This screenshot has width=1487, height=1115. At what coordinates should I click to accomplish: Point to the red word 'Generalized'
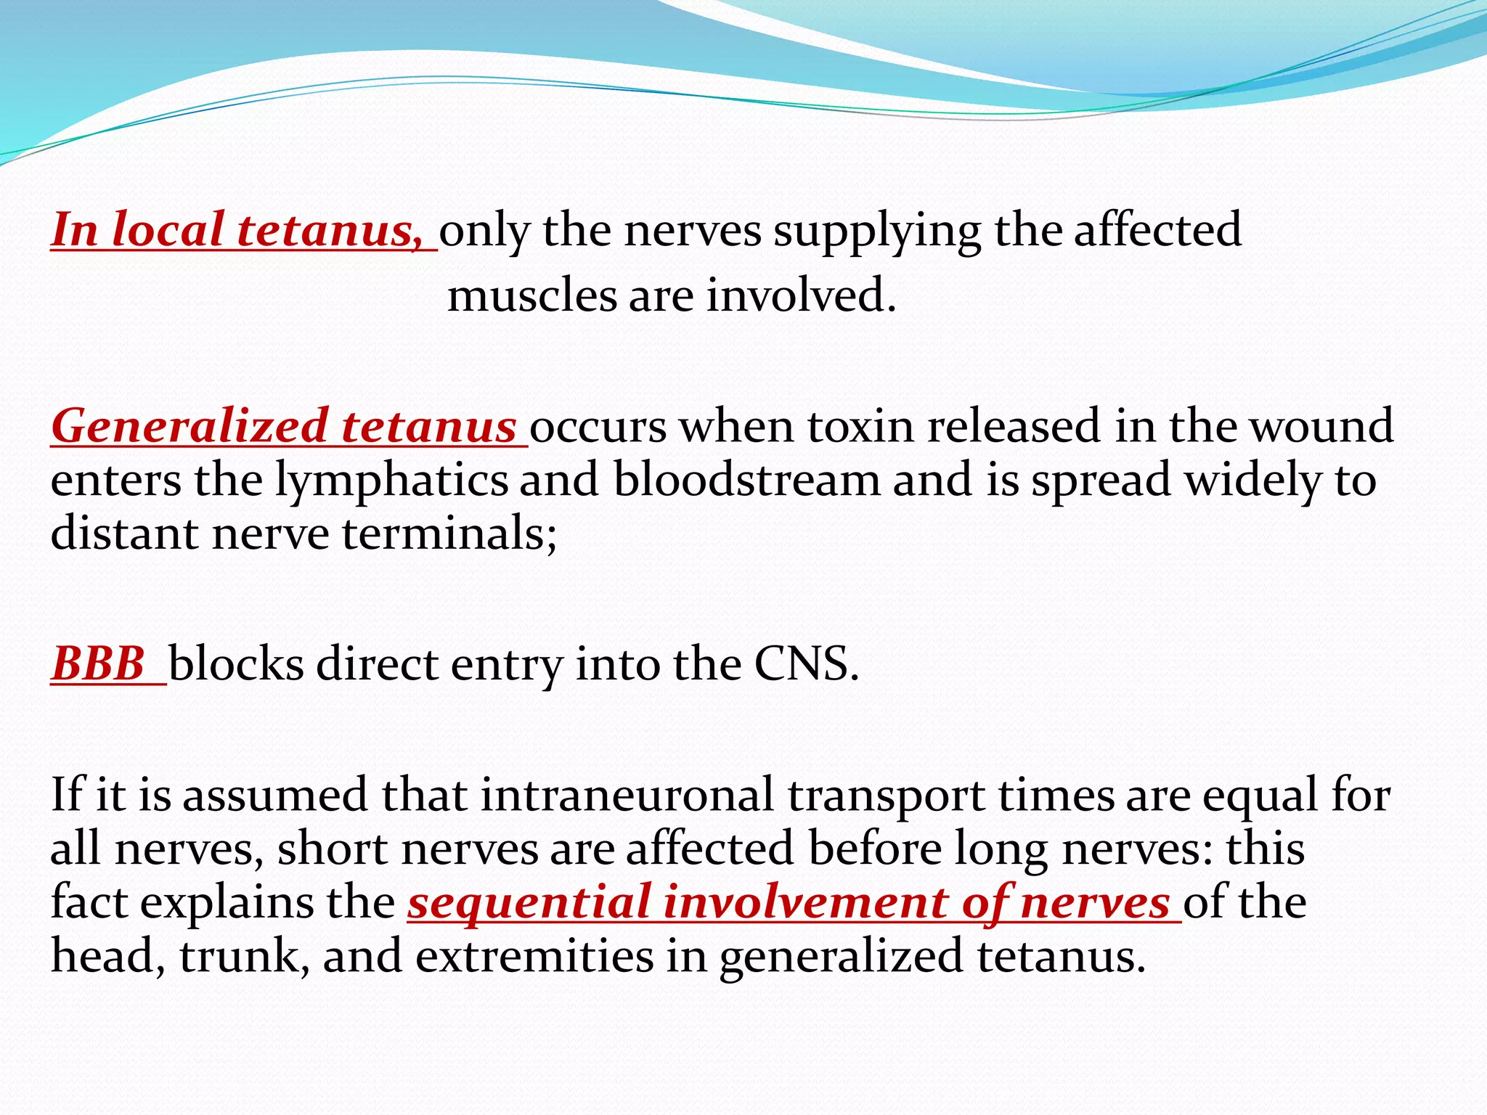tap(189, 427)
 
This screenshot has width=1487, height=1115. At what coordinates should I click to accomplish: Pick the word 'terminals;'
tap(449, 534)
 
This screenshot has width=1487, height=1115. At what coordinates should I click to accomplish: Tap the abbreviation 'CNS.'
tap(807, 664)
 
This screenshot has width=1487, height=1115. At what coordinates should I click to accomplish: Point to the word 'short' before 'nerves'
tap(332, 849)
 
